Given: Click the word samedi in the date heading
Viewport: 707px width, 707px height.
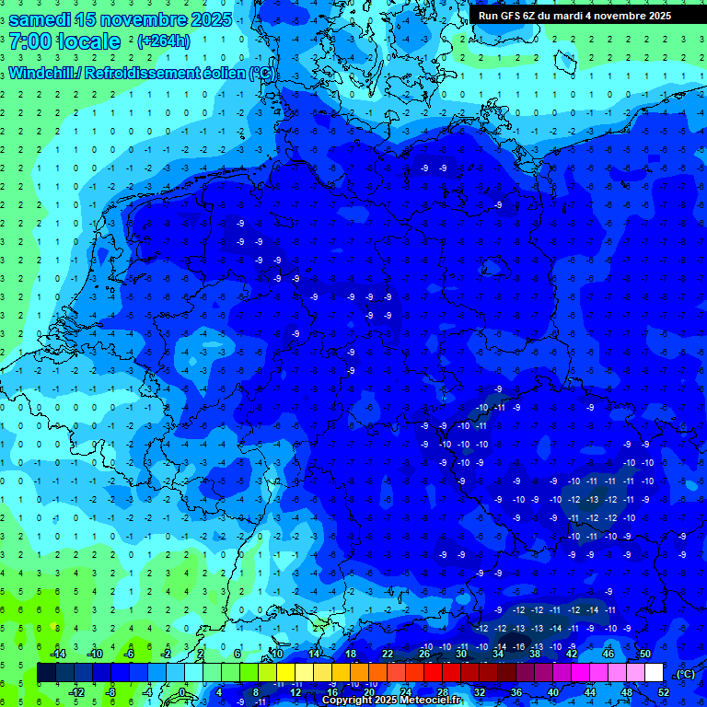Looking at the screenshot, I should [38, 19].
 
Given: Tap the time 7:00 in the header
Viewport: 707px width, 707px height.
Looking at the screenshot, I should [29, 42].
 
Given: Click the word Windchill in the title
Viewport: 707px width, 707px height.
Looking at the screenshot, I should [41, 74].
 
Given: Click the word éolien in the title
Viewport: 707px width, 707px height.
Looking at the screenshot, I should [226, 74].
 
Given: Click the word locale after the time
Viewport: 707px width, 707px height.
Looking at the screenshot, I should [88, 42].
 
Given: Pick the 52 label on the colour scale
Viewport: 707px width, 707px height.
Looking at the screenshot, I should [664, 692].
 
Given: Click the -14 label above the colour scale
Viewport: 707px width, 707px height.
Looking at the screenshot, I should [57, 654].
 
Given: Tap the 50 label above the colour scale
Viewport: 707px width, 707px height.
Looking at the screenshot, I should [645, 654].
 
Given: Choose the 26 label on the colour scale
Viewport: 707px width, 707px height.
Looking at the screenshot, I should [424, 654].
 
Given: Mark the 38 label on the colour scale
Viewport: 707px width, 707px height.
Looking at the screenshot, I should [535, 654].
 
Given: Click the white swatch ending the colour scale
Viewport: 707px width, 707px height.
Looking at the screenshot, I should [654, 673].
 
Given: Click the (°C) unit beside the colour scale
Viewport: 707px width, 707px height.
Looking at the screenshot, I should [685, 674].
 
